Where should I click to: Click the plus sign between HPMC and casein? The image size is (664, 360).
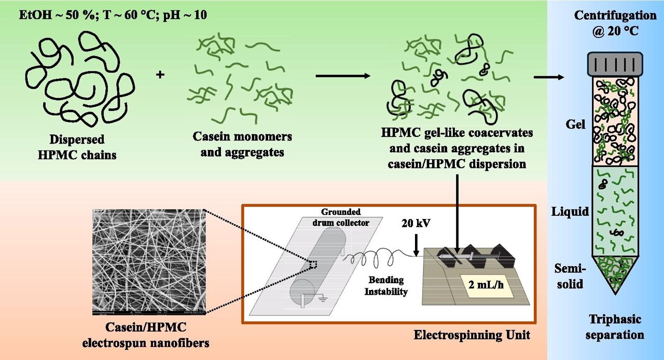(x=160, y=74)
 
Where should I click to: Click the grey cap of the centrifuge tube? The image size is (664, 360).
(x=615, y=64)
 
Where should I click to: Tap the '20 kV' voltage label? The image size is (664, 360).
(x=416, y=223)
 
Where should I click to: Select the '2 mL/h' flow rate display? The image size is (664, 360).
(x=486, y=285)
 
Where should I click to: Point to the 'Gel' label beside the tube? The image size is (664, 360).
(x=575, y=124)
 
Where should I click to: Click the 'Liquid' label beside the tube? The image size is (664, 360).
(x=570, y=212)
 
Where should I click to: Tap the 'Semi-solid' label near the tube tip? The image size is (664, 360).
(x=570, y=276)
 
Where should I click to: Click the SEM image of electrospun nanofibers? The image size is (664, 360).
(x=149, y=262)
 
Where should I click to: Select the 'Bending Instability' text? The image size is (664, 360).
(x=385, y=286)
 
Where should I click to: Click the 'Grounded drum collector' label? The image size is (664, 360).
(x=341, y=217)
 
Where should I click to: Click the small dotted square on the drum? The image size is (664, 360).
(x=313, y=264)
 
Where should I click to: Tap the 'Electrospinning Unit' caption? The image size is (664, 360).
(x=472, y=335)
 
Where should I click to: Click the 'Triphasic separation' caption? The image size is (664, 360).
(x=615, y=327)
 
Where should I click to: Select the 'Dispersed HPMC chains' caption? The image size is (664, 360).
(x=77, y=147)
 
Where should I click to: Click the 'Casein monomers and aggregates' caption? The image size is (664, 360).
(x=242, y=144)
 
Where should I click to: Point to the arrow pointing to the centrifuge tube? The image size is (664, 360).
(x=549, y=77)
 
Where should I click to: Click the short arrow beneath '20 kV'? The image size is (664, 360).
(x=416, y=245)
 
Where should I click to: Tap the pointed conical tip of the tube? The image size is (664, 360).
(x=615, y=294)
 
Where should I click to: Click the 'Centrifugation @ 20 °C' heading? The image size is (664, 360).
(x=615, y=23)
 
